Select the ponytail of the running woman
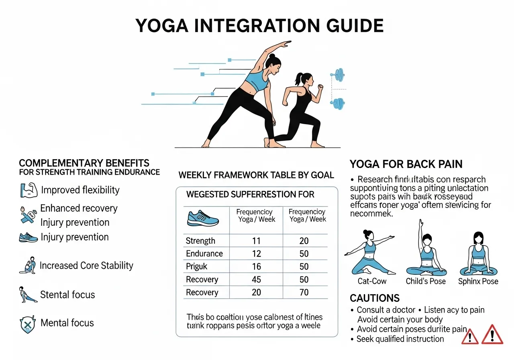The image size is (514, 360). click(298, 77)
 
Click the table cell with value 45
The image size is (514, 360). click(256, 279)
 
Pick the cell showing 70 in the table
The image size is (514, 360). click(304, 292)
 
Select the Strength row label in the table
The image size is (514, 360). click(200, 241)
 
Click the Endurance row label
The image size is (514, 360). click(204, 254)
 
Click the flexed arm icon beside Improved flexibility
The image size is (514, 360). click(28, 190)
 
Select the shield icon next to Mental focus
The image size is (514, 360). click(28, 323)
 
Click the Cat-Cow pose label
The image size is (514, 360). click(372, 281)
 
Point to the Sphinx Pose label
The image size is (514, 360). click(478, 281)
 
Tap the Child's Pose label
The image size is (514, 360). click(426, 281)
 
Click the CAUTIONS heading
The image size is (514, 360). click(375, 298)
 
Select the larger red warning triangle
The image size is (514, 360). click(492, 334)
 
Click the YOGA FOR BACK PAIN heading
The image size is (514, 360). click(406, 164)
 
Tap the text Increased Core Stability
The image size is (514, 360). click(86, 266)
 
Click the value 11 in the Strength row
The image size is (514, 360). click(256, 241)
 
